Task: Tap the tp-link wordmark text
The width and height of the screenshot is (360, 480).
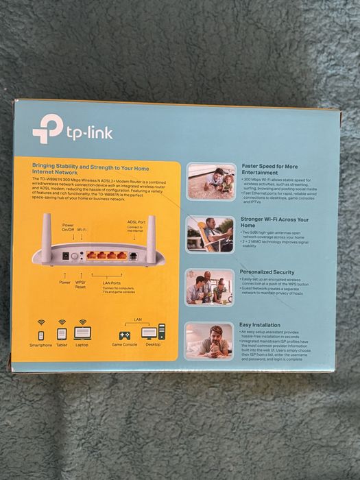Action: pos(89,132)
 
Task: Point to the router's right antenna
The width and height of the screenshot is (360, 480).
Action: pos(151,237)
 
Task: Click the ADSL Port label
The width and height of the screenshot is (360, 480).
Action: pos(136,224)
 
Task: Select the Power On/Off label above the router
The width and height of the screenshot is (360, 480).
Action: pos(68,228)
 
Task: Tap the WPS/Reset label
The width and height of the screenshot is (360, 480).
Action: pos(80,284)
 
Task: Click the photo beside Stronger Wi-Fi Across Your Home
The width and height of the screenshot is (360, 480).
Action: pos(211,234)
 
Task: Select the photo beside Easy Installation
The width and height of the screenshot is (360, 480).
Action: pos(210,340)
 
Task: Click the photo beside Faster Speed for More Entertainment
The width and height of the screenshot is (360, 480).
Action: pos(211,181)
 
